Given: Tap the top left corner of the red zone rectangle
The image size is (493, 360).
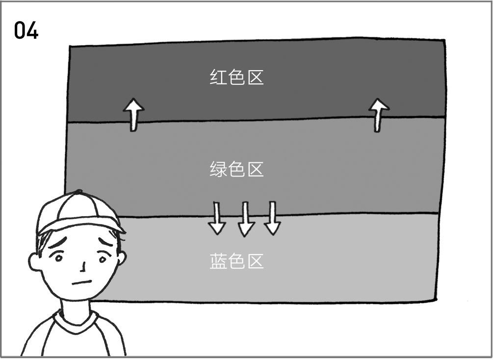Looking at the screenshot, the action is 70,46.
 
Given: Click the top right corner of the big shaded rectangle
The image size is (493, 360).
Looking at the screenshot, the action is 444,40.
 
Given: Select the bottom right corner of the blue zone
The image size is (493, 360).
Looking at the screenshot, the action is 437,300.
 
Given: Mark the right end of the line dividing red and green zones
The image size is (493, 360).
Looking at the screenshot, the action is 445,117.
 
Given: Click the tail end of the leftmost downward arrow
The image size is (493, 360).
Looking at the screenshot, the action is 216,202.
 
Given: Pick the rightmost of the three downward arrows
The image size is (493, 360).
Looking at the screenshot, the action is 272,218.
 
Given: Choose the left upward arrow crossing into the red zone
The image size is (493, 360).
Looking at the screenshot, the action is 133,115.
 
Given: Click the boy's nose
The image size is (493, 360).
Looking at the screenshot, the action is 83,267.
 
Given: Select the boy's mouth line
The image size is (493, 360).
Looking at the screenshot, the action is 82,283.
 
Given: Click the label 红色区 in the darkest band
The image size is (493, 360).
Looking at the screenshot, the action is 236,77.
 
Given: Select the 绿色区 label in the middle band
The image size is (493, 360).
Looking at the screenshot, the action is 236,169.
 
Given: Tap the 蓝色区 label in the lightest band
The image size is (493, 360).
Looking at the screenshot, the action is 236,261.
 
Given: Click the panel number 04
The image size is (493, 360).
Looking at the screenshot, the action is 26,30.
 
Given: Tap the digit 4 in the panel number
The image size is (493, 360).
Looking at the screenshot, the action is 33,30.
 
